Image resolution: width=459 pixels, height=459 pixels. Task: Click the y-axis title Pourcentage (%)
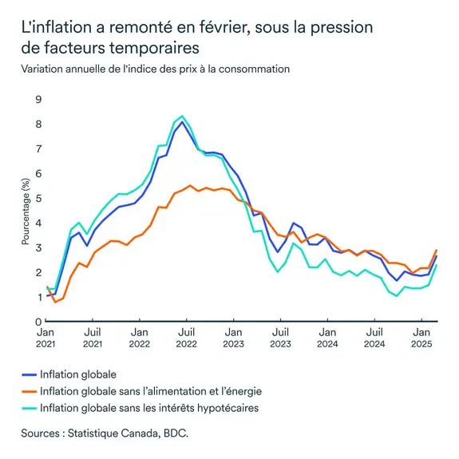(17, 210)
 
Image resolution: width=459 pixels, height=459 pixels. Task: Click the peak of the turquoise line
(183, 117)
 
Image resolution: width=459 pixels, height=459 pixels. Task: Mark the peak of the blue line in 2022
(183, 122)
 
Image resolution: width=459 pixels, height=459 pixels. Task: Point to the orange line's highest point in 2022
(190, 185)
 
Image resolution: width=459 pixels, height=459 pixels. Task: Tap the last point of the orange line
(436, 250)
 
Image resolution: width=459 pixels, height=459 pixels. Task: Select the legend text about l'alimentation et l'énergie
(150, 391)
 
